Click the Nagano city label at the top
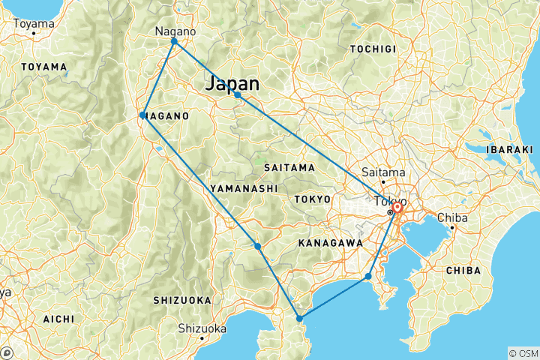pyautogui.click(x=175, y=31)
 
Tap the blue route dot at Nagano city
pyautogui.click(x=174, y=42)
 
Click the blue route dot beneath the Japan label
pyautogui.click(x=237, y=95)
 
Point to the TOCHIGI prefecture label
pyautogui.click(x=373, y=49)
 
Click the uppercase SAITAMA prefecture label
pyautogui.click(x=289, y=167)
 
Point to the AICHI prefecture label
pyautogui.click(x=59, y=319)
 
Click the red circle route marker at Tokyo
pyautogui.click(x=397, y=208)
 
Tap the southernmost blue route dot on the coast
pyautogui.click(x=299, y=319)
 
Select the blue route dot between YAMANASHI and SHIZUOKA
pyautogui.click(x=257, y=246)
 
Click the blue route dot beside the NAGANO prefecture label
pyautogui.click(x=142, y=115)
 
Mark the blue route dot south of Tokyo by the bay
pyautogui.click(x=368, y=277)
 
